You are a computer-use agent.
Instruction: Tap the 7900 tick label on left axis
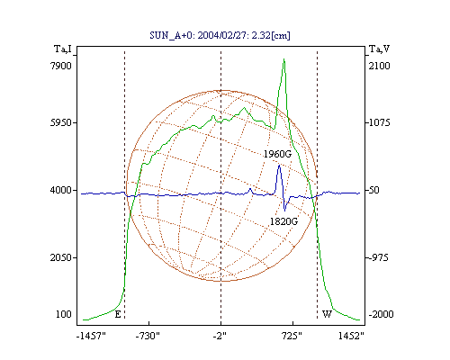click(x=61, y=66)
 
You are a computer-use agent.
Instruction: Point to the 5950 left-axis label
click(x=61, y=122)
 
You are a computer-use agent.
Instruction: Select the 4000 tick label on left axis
click(x=61, y=190)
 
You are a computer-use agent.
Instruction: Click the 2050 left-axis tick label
click(x=61, y=257)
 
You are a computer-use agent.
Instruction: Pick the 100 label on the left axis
click(x=64, y=314)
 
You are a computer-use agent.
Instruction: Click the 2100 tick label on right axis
click(x=380, y=66)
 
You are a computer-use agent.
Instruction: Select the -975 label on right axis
click(x=378, y=257)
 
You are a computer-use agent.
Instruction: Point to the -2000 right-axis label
click(x=381, y=314)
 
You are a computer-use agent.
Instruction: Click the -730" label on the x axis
click(x=148, y=336)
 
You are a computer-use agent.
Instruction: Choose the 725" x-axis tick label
click(x=292, y=336)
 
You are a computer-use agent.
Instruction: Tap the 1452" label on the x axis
click(x=351, y=336)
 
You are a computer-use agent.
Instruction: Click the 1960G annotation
click(x=277, y=154)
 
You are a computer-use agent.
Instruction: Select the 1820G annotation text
click(x=283, y=221)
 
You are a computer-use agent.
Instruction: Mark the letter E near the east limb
click(x=118, y=314)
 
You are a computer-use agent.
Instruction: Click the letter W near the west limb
click(x=327, y=314)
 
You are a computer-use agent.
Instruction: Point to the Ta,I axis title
click(x=63, y=49)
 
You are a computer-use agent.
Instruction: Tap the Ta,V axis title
click(x=379, y=49)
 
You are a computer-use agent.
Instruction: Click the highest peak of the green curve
click(x=283, y=59)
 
